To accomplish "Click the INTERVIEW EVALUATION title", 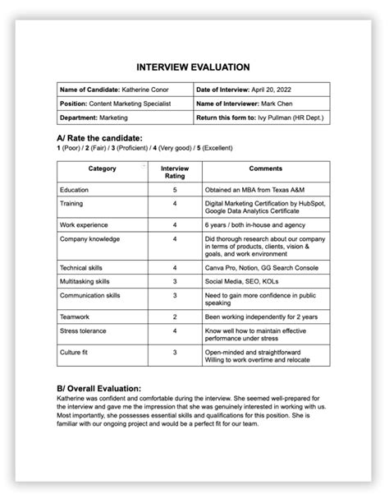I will (194, 67).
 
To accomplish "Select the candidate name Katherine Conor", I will (151, 89).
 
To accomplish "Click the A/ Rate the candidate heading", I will (99, 137).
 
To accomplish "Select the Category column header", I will (101, 169).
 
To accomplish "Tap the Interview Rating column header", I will (175, 172).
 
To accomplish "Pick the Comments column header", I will (265, 169).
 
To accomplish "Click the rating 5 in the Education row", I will (175, 190).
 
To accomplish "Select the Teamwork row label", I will (75, 316).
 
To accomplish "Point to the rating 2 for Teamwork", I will (175, 316).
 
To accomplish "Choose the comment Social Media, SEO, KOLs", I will (241, 280).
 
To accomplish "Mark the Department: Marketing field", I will (89, 118).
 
